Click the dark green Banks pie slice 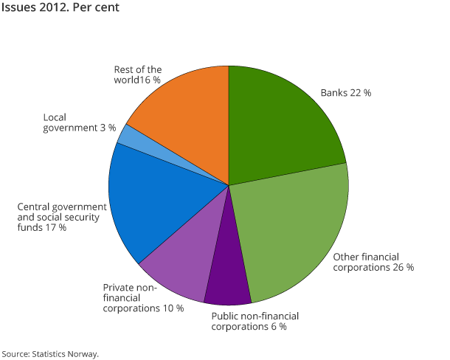click(x=280, y=125)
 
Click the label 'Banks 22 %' click(x=345, y=94)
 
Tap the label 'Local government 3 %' click(x=79, y=122)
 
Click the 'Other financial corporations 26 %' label click(x=373, y=262)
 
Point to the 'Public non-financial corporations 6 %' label click(x=255, y=321)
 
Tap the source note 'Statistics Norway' click(x=66, y=353)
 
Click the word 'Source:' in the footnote click(x=17, y=353)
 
